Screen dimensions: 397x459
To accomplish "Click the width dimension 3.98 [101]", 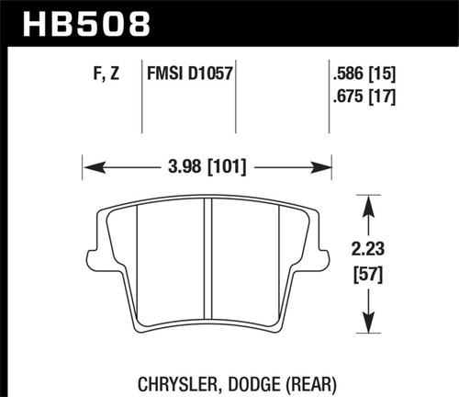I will (x=207, y=167).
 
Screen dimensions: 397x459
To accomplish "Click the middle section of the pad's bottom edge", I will (x=207, y=328).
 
